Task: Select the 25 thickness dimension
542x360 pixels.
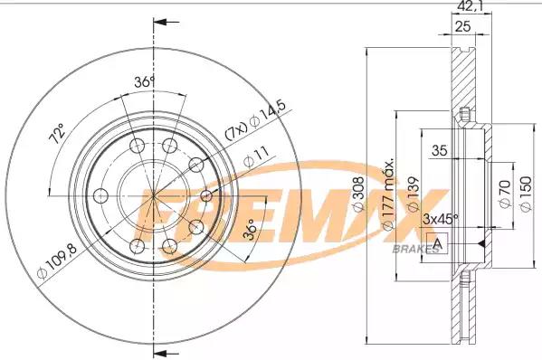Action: tap(462, 26)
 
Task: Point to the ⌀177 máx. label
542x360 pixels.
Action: tap(388, 195)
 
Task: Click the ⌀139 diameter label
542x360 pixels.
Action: tap(414, 194)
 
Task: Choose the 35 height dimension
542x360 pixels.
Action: tap(440, 150)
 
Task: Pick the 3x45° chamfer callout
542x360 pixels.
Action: tap(441, 219)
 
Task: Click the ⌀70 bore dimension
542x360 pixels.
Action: tap(506, 194)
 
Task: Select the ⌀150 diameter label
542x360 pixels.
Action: tap(526, 194)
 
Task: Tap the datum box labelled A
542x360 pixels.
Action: tap(437, 243)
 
